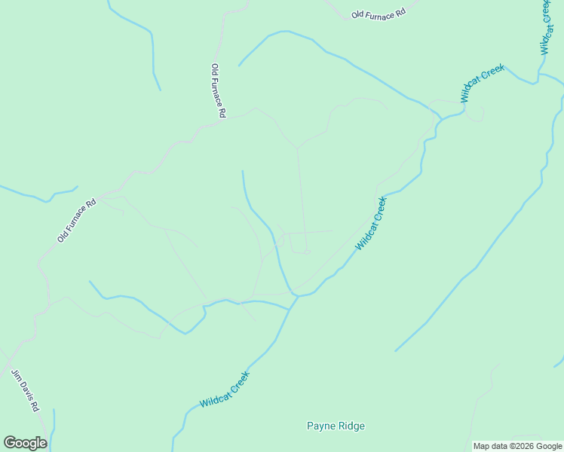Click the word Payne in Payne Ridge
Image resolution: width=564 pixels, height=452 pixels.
pyautogui.click(x=320, y=426)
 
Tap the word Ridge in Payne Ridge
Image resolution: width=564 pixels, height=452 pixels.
pyautogui.click(x=351, y=426)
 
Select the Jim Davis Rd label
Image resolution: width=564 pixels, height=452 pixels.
pyautogui.click(x=25, y=390)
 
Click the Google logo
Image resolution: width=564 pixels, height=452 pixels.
pyautogui.click(x=25, y=443)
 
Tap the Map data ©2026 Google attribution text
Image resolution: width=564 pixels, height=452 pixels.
pyautogui.click(x=518, y=446)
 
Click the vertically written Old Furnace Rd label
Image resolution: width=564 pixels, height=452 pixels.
pyautogui.click(x=219, y=90)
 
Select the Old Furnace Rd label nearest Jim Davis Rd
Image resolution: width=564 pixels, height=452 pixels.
pyautogui.click(x=77, y=220)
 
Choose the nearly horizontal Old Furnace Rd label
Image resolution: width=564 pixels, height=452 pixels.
pyautogui.click(x=379, y=14)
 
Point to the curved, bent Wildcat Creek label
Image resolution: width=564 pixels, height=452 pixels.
pyautogui.click(x=482, y=83)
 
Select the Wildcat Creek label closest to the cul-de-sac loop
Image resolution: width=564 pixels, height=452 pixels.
pyautogui.click(x=371, y=223)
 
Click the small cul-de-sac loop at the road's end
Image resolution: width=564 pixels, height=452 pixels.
pyautogui.click(x=307, y=252)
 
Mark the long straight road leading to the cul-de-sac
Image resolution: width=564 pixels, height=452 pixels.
pyautogui.click(x=301, y=196)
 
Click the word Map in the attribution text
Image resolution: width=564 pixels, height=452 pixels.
pyautogui.click(x=481, y=446)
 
